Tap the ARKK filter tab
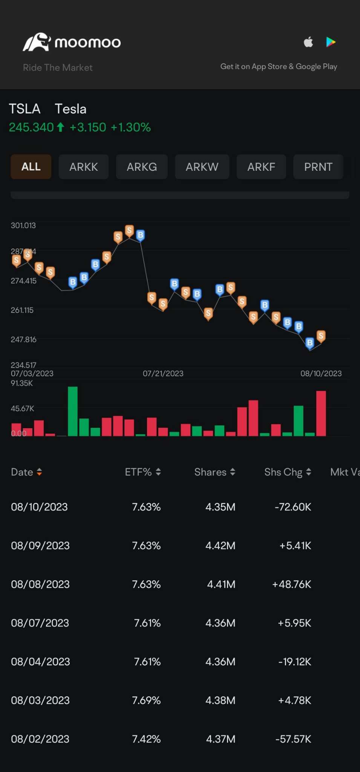83,167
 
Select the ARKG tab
142,167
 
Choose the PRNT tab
318,167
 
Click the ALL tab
31,167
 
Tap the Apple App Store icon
308,42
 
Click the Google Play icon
331,42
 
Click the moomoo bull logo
37,42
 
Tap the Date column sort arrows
39,472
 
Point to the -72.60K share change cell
293,507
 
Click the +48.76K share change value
292,584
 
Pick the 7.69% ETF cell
146,700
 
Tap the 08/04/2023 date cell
40,662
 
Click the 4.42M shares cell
220,545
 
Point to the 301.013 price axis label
23,225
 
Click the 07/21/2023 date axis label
163,374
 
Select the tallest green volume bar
73,411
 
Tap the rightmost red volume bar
321,413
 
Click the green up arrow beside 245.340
60,127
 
